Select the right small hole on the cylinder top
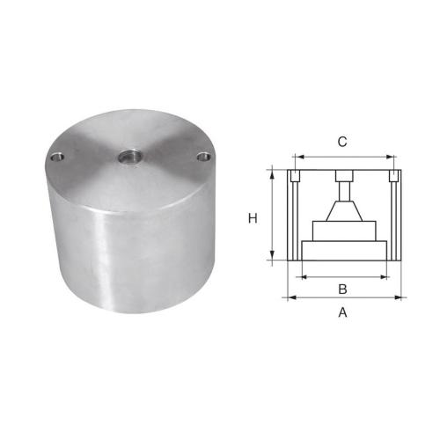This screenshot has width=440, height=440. [x=204, y=157]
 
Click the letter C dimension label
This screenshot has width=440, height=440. [x=342, y=141]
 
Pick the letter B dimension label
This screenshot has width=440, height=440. [x=342, y=289]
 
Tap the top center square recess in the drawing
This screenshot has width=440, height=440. [x=343, y=174]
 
